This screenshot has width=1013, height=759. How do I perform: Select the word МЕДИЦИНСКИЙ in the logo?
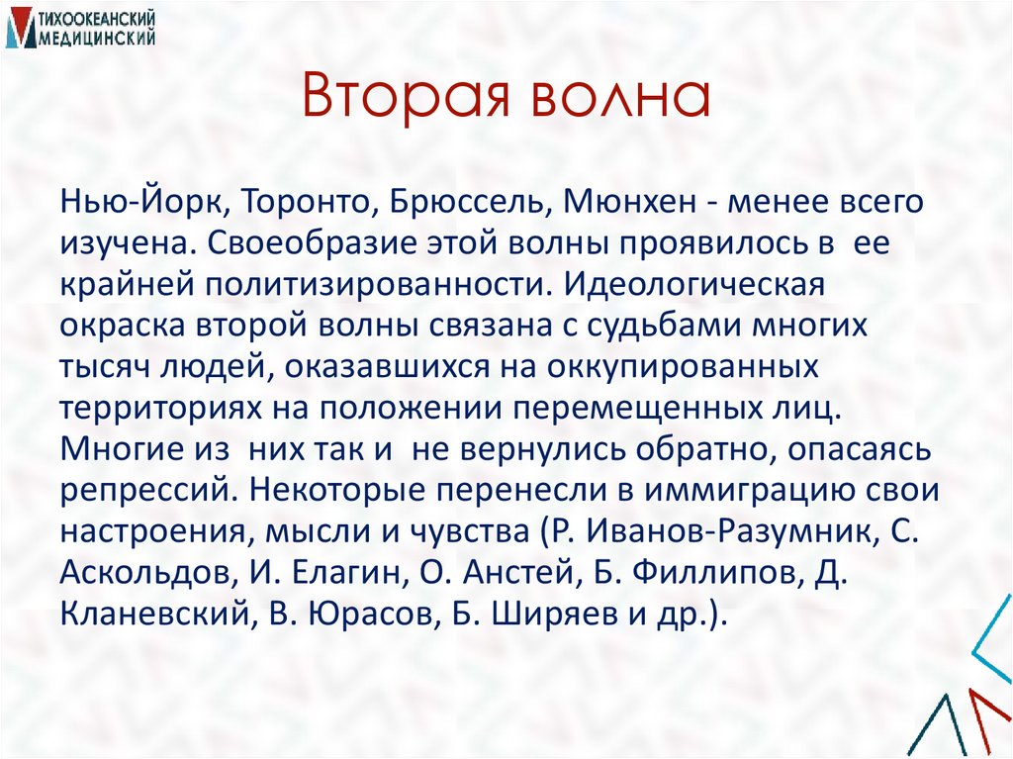[93, 37]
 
